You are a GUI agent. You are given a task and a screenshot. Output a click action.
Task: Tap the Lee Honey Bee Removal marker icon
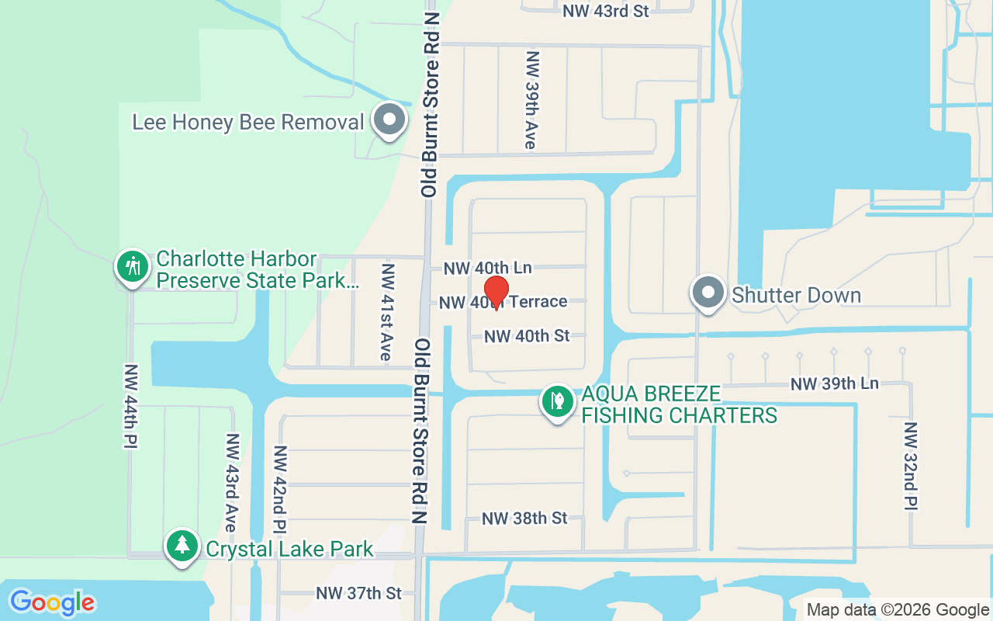click(389, 120)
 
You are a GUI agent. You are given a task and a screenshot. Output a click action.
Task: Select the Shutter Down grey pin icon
click(708, 293)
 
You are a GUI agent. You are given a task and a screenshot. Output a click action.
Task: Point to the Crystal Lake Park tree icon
click(183, 546)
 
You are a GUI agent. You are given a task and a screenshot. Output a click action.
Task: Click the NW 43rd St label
click(606, 11)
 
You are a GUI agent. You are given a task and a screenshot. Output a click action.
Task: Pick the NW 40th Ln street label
click(487, 269)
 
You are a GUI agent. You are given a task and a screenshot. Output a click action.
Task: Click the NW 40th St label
click(527, 336)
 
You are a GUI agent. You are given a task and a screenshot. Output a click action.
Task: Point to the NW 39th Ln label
click(834, 383)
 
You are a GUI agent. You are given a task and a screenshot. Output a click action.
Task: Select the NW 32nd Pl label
click(911, 466)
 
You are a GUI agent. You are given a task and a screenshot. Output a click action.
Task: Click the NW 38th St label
click(524, 518)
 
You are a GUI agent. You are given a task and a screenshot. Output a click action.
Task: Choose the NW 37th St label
click(358, 593)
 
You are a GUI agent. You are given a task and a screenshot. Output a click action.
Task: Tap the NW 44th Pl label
click(130, 406)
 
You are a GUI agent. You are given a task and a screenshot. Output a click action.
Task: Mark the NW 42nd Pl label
click(280, 488)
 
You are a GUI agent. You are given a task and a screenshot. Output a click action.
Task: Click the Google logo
click(52, 602)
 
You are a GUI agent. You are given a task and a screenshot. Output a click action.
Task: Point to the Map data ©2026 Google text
click(898, 610)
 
